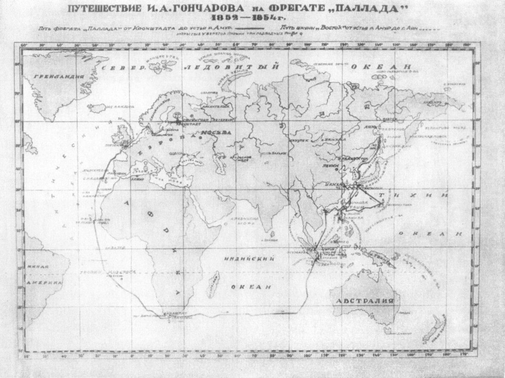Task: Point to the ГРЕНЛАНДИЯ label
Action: pos(53,76)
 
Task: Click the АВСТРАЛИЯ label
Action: pos(364,301)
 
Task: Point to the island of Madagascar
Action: pos(215,280)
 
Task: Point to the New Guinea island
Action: pos(381,258)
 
